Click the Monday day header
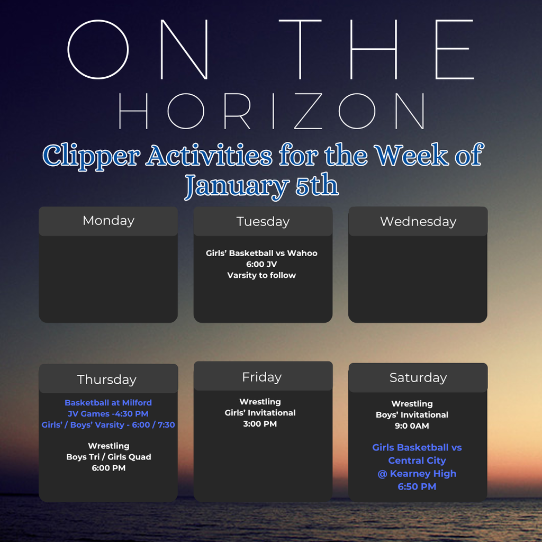click(108, 221)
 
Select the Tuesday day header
click(263, 221)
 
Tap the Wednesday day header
click(418, 221)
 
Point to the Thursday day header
click(107, 380)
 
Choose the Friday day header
click(261, 377)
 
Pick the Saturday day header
click(418, 377)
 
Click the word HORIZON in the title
click(271, 112)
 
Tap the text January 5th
click(261, 185)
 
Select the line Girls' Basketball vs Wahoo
click(261, 253)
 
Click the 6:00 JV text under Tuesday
click(261, 264)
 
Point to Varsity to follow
click(261, 275)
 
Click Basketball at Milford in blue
click(108, 403)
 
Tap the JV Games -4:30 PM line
click(108, 413)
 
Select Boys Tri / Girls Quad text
click(109, 457)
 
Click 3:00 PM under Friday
click(260, 424)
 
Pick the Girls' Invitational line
click(260, 413)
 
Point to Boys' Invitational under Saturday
click(412, 415)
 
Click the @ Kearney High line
click(417, 474)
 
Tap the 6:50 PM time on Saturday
click(417, 486)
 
